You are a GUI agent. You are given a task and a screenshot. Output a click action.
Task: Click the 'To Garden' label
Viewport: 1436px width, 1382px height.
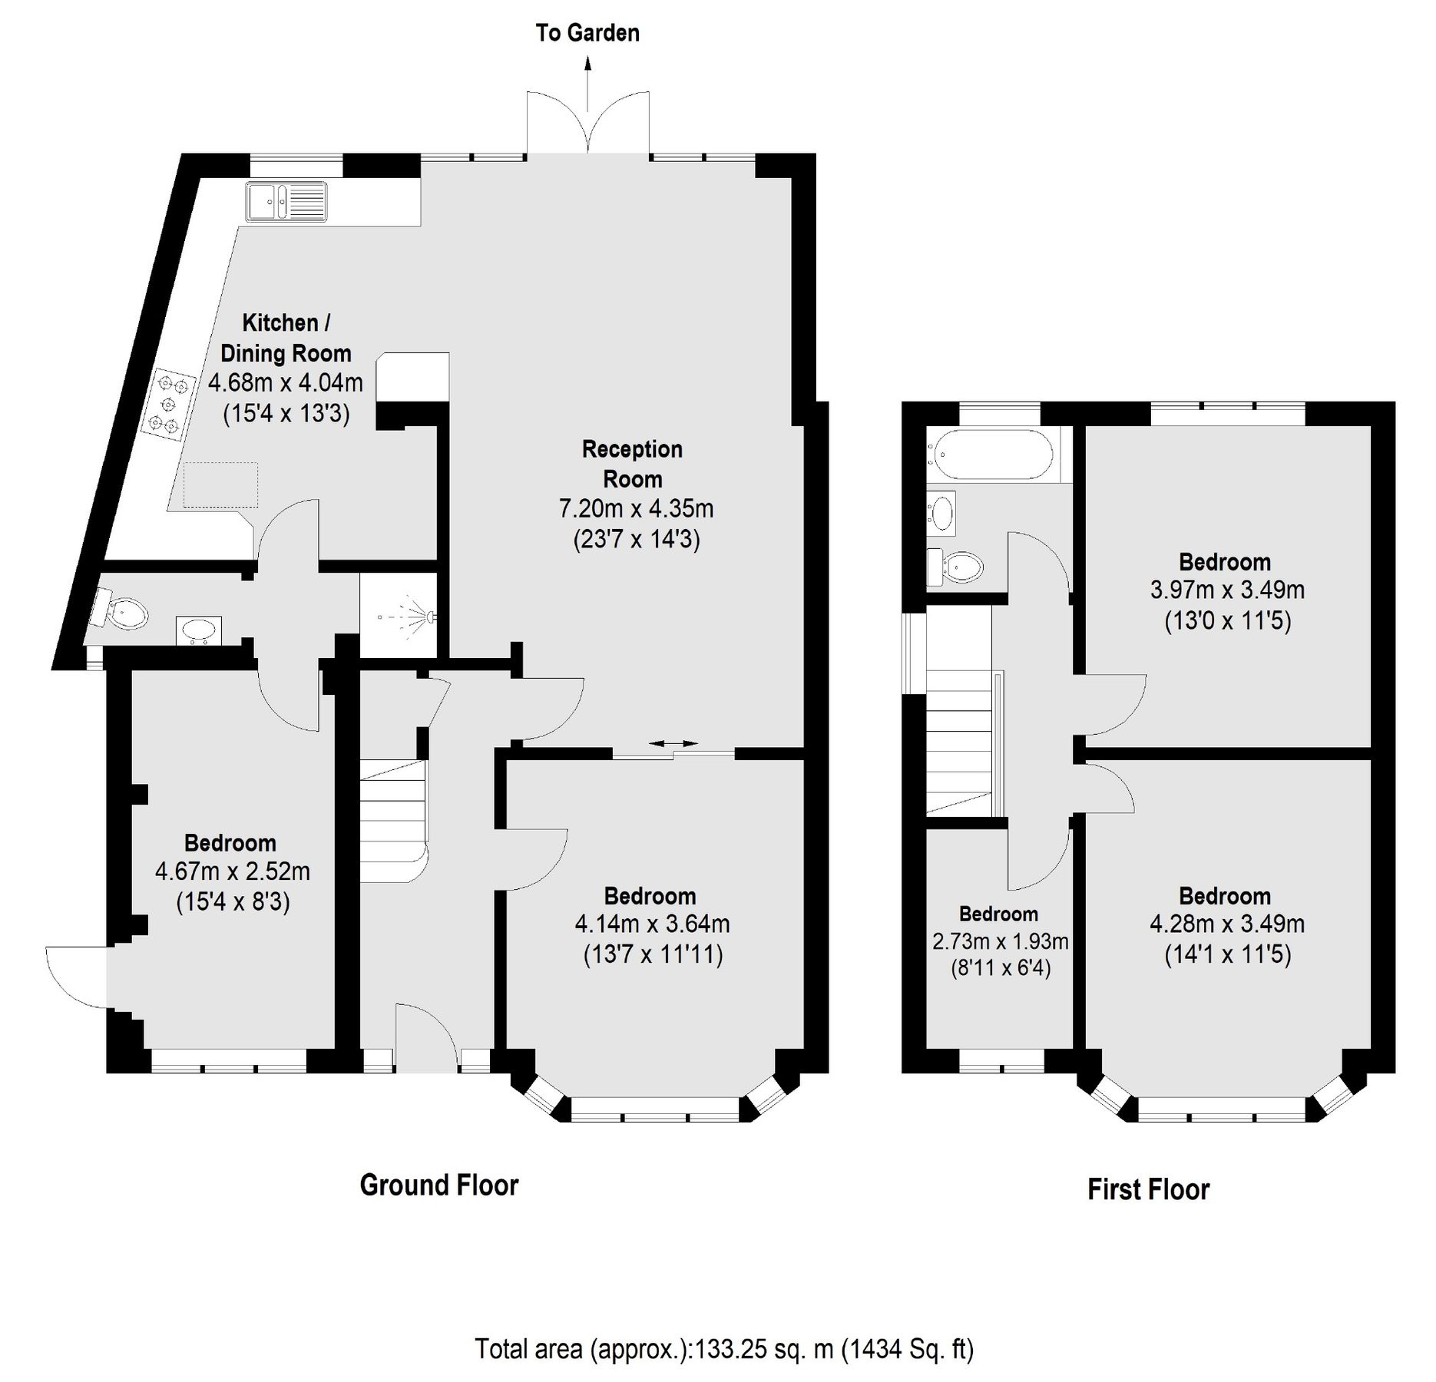587,33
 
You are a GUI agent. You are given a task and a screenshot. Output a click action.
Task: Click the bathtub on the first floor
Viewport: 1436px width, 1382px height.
991,455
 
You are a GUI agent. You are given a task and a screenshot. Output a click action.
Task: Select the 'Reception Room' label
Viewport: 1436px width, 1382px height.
632,464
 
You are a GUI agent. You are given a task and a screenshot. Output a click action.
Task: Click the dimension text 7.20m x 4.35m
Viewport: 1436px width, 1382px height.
636,508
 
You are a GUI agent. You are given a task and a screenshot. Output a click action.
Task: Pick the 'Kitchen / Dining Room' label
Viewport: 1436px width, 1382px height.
286,338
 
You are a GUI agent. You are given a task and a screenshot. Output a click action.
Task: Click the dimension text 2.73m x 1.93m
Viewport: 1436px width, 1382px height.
1000,941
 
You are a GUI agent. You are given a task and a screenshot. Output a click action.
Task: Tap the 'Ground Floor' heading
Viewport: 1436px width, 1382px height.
439,1185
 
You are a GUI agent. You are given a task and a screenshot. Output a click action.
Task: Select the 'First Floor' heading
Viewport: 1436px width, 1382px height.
1148,1189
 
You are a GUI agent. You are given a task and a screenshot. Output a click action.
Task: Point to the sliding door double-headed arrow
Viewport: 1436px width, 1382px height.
673,743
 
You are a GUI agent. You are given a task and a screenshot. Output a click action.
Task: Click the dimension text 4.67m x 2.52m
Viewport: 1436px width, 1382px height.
232,871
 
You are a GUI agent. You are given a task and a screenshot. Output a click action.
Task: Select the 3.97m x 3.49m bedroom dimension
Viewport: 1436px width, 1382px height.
1226,590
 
